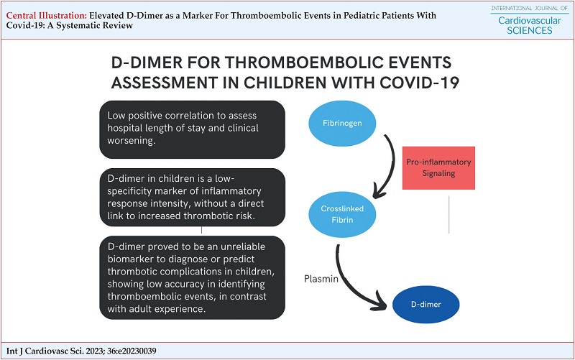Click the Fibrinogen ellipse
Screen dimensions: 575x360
point(342,123)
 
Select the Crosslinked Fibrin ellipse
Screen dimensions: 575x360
point(342,214)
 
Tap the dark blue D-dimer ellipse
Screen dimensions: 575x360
point(425,304)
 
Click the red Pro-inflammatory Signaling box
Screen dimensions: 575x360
point(438,168)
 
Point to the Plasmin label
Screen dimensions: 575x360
point(321,279)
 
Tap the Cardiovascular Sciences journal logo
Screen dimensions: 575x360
point(530,20)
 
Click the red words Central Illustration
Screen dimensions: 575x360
point(47,15)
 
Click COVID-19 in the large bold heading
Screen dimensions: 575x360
point(420,83)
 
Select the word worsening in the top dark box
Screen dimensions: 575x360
point(132,140)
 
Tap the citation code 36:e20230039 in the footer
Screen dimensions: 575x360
point(132,351)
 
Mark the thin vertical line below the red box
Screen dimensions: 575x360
point(448,215)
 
